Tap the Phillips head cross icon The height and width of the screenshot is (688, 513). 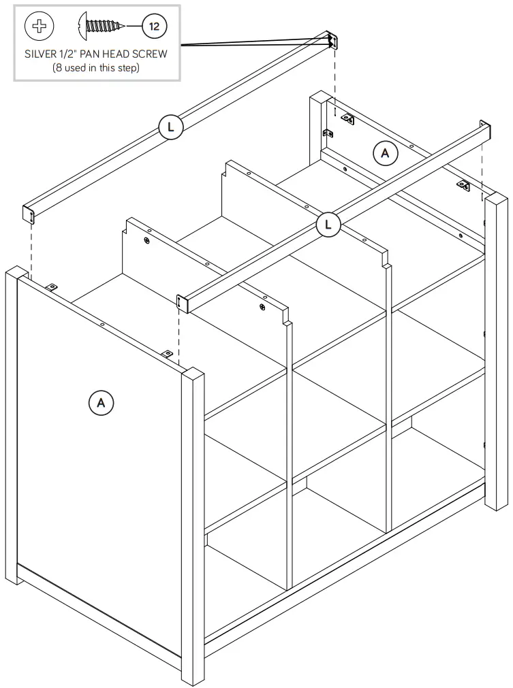[x=39, y=27]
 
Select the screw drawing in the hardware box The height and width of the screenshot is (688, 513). [x=102, y=26]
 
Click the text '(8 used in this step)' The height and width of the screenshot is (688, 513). [x=96, y=68]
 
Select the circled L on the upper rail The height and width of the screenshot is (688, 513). [x=171, y=127]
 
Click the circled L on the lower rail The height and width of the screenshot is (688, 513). [x=329, y=224]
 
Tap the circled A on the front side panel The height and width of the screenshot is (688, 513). [x=101, y=402]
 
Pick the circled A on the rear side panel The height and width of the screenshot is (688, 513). [x=385, y=154]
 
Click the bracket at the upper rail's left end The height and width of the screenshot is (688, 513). [x=30, y=214]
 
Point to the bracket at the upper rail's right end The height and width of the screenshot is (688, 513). [x=332, y=41]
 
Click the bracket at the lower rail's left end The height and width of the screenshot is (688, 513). [x=183, y=304]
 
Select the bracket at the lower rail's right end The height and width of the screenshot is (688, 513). [x=484, y=131]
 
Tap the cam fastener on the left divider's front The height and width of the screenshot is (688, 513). [x=262, y=308]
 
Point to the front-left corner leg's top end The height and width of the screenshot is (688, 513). [x=16, y=274]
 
